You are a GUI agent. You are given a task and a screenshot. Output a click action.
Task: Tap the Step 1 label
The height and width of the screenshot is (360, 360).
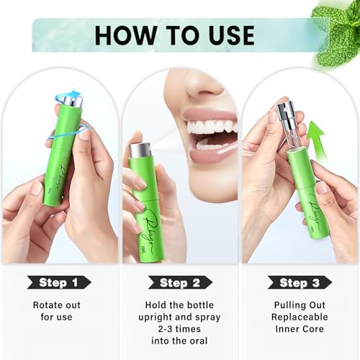[62, 282]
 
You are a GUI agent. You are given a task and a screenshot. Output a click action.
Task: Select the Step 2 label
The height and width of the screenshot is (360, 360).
[180, 282]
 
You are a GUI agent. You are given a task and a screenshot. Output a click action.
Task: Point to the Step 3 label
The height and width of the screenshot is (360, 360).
[298, 282]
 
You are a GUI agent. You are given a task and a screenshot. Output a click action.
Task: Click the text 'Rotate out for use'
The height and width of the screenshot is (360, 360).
[62, 311]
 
